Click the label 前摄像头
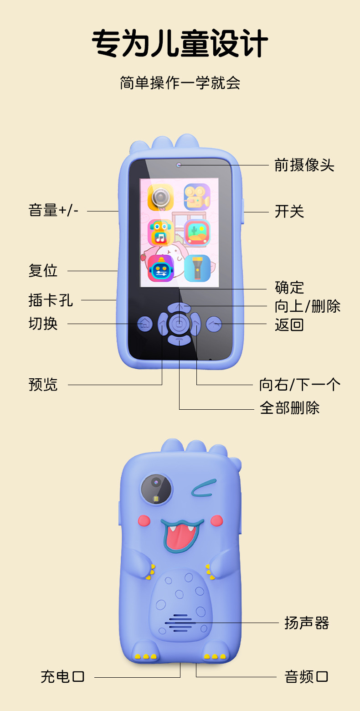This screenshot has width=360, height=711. pos(304,165)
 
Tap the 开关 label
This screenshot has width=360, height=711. pos(289,211)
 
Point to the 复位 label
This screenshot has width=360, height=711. pos(43,271)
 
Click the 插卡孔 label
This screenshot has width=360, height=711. pos(50,300)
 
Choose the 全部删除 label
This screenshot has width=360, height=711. pos(289,407)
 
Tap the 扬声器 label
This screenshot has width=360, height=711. pos(306,623)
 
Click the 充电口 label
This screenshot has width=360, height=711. pos(62,676)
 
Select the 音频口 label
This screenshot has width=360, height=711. pos(306,676)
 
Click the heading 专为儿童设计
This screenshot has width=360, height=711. pos(180,45)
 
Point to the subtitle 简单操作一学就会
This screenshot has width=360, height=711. pos(180,83)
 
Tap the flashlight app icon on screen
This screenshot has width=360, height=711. pos(197,268)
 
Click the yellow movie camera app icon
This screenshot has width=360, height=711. pos(197,196)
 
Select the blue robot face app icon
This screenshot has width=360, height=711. pos(160,268)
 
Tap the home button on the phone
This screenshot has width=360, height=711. pos(145,324)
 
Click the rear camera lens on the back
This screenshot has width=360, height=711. pos(156,489)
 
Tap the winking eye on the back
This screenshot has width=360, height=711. pos(204,488)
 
